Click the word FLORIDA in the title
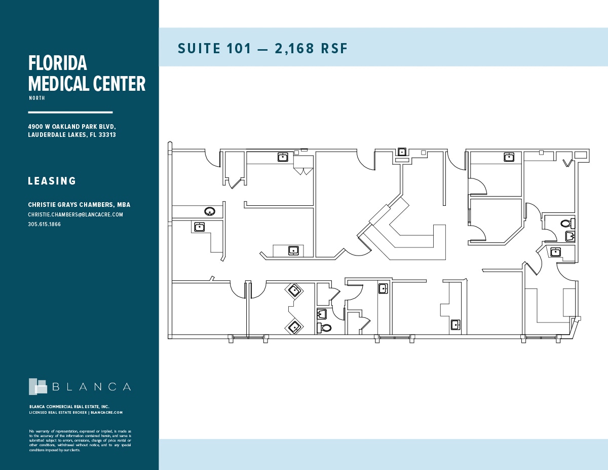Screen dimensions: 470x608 pyautogui.click(x=58, y=63)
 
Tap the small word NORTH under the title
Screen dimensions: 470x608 pyautogui.click(x=36, y=98)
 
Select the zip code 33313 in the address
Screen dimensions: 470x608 pyautogui.click(x=108, y=135)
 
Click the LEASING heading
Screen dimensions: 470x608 pyautogui.click(x=52, y=181)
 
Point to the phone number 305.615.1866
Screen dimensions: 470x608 pyautogui.click(x=44, y=224)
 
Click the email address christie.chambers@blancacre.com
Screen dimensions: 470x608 pyautogui.click(x=75, y=214)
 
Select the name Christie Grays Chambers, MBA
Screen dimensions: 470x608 pyautogui.click(x=79, y=205)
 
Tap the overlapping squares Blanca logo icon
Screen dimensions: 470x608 pyautogui.click(x=37, y=386)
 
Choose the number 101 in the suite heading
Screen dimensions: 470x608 pyautogui.click(x=241, y=48)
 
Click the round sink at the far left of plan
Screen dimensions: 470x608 pyautogui.click(x=210, y=211)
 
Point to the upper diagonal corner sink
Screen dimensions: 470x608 pyautogui.click(x=294, y=291)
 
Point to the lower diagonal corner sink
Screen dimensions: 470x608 pyautogui.click(x=294, y=327)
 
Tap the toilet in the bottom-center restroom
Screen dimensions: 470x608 pyautogui.click(x=326, y=328)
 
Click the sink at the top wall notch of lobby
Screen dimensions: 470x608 pyautogui.click(x=402, y=152)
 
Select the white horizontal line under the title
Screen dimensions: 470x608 pyautogui.click(x=70, y=112)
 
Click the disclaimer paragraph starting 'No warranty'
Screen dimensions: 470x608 pyautogui.click(x=80, y=441)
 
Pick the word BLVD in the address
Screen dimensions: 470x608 pyautogui.click(x=108, y=126)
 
